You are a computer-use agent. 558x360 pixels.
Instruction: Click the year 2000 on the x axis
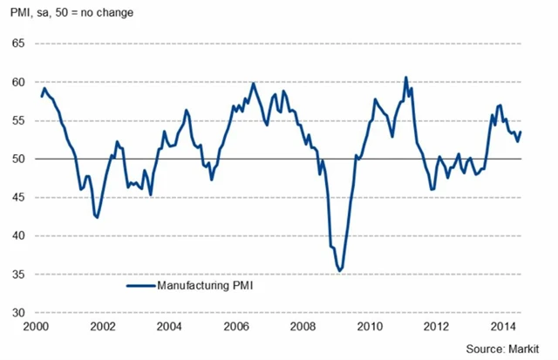pyautogui.click(x=36, y=328)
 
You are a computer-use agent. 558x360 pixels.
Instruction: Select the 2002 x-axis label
pyautogui.click(x=103, y=328)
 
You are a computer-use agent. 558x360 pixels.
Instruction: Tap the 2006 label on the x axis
pyautogui.click(x=237, y=328)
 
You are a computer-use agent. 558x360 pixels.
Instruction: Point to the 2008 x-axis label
pyautogui.click(x=304, y=328)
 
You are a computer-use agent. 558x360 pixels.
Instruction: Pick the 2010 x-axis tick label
pyautogui.click(x=371, y=328)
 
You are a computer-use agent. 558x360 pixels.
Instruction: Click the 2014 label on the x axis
pyautogui.click(x=506, y=328)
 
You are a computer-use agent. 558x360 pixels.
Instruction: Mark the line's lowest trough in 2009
pyautogui.click(x=339, y=271)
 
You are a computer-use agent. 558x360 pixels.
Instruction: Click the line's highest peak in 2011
pyautogui.click(x=405, y=78)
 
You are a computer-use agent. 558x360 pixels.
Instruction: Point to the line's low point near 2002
pyautogui.click(x=97, y=217)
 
